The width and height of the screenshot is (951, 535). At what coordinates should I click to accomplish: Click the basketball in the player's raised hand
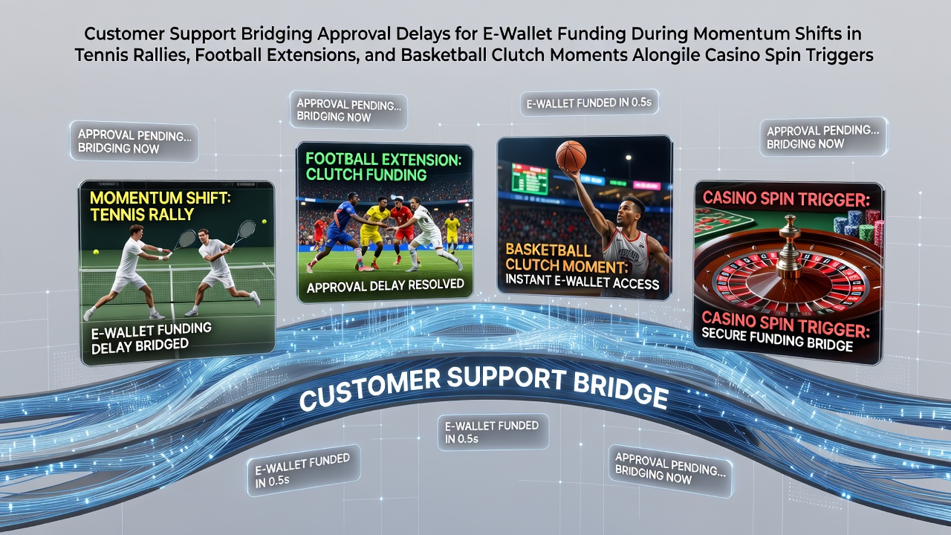coord(571,156)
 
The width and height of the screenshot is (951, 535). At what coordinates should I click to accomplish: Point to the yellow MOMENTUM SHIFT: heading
coord(160,198)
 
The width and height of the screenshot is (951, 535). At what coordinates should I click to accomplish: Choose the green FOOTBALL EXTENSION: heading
coord(383,159)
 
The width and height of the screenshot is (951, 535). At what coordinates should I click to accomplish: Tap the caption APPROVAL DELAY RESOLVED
coord(385,285)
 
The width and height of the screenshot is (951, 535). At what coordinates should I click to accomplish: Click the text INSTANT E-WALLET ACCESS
coord(582,282)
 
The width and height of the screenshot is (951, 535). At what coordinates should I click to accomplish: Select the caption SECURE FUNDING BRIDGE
coord(777,340)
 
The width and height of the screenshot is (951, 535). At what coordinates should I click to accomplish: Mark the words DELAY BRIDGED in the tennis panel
coord(140,346)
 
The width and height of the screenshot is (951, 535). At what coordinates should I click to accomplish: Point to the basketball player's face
coord(629,215)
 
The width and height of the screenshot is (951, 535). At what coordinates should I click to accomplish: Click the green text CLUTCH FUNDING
coord(366,175)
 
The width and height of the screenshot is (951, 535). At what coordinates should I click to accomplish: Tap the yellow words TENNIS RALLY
coord(142,215)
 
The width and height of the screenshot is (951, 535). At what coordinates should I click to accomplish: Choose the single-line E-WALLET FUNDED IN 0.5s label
coord(589,103)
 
